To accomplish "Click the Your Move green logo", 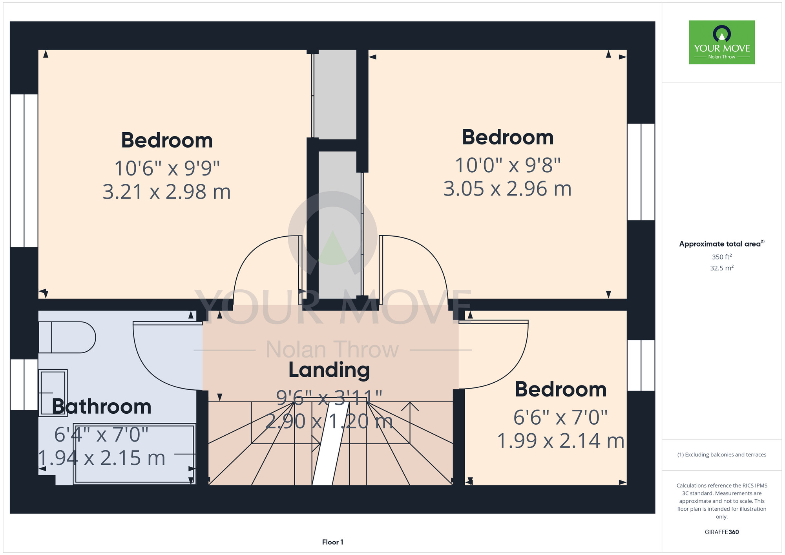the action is tap(722, 42).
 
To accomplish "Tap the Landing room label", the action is tap(329, 370).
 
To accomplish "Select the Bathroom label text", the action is tap(102, 407).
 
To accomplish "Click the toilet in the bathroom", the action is tap(67, 337).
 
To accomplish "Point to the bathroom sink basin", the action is tap(53, 393).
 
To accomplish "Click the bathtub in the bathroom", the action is tap(134, 454).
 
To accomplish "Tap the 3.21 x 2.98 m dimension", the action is tap(167, 192).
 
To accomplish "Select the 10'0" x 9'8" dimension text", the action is tap(508, 165).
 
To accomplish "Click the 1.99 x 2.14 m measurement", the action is tap(561, 441).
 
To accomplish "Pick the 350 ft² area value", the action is tap(722, 257).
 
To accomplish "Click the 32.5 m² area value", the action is tap(722, 268).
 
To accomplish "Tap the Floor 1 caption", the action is tap(333, 542).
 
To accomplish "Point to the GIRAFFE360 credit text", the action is tap(722, 532).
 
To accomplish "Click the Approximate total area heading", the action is tap(722, 244).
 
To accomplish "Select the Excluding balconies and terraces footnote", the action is tap(722, 455).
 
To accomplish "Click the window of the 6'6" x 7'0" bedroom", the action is tap(641, 365).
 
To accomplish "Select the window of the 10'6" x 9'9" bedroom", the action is tap(24, 171).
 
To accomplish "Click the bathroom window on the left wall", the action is tap(24, 385).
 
